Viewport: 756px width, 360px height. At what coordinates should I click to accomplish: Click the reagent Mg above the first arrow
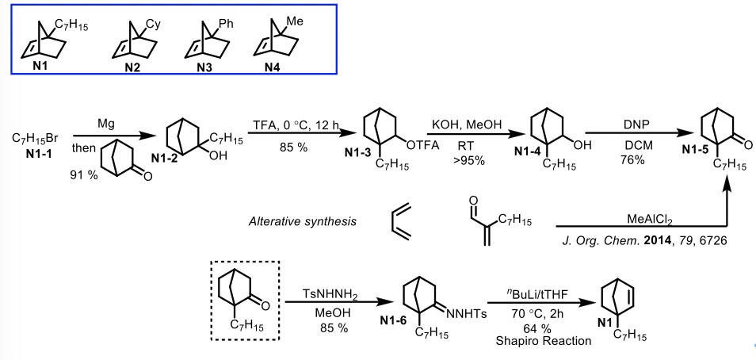pyautogui.click(x=96, y=125)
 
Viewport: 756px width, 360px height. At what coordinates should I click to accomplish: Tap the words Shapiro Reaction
pyautogui.click(x=540, y=342)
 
